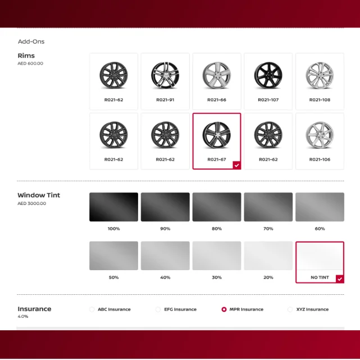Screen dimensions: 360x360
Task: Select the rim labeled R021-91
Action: (165, 78)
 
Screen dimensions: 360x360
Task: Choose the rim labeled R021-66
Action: (217, 78)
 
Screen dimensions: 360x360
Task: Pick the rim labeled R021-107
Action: (268, 78)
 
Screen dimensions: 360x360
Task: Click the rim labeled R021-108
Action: (320, 78)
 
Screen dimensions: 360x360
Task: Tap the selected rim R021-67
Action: (217, 138)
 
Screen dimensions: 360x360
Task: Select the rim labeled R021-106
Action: (320, 138)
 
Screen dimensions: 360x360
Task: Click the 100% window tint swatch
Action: (113, 207)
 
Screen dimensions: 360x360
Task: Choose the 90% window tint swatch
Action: (165, 207)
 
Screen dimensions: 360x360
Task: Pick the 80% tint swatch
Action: (217, 207)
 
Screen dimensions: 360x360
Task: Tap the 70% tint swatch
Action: (268, 207)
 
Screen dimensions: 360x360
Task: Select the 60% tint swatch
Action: (320, 207)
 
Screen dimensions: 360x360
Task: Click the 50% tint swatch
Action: (113, 256)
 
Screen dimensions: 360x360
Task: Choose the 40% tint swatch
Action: (165, 256)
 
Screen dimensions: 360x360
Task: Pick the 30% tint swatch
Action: (217, 256)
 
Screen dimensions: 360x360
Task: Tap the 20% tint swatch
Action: (268, 256)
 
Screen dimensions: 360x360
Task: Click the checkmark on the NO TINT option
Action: (339, 279)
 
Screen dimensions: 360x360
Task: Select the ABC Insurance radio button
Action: (92, 309)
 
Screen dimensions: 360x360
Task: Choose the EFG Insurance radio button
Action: (158, 309)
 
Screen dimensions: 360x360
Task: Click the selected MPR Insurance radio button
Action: (224, 309)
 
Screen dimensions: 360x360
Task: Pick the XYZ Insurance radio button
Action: (290, 309)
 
